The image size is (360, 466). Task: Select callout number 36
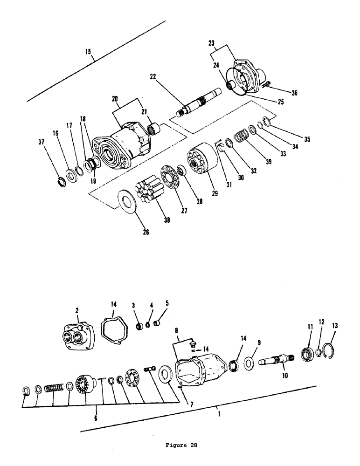tap(294, 93)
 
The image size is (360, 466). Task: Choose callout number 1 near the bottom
tap(218, 412)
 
